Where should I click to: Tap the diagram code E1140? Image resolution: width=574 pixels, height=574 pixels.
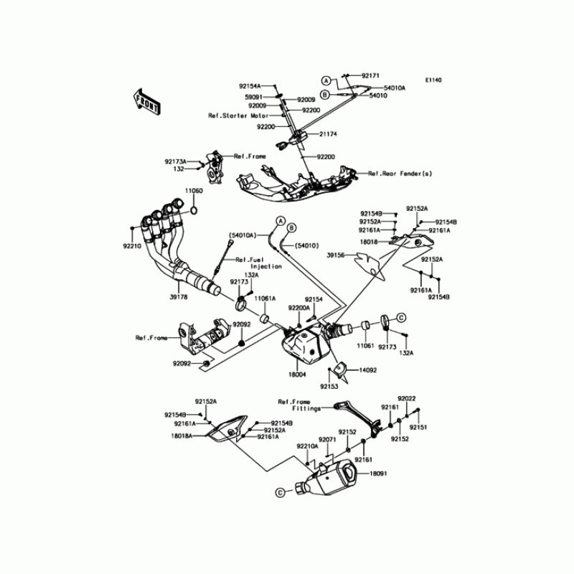(433, 80)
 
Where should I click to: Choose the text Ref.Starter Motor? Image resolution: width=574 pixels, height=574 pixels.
(238, 116)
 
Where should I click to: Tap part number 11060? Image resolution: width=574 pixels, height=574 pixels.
(194, 191)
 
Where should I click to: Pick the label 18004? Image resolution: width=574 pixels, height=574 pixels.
(297, 375)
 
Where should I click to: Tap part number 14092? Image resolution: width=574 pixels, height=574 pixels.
(367, 371)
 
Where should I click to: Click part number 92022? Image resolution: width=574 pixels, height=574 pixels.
(408, 397)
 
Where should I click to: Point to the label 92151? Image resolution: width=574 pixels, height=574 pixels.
(418, 427)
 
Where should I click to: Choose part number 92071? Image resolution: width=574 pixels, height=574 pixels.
(328, 439)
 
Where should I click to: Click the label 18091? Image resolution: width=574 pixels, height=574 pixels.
(379, 474)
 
